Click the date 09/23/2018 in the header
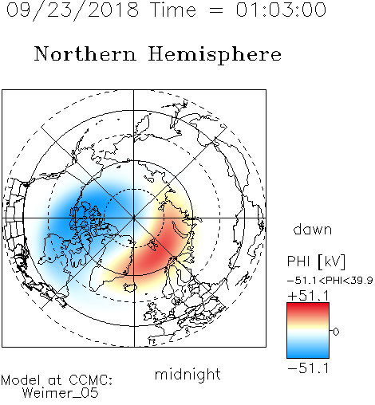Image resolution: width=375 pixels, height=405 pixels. coord(73,10)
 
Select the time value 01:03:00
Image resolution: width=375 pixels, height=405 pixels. coord(281,10)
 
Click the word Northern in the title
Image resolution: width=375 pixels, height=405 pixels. coord(85,53)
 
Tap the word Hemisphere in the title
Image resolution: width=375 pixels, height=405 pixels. coord(215,54)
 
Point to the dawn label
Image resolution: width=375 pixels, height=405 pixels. coord(313,229)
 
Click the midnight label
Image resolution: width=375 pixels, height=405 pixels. coord(187,374)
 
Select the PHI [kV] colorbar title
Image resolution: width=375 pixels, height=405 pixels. coord(316,261)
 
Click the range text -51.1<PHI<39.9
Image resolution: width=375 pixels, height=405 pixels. coord(330,281)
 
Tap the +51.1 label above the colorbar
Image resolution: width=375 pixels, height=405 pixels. coord(308,296)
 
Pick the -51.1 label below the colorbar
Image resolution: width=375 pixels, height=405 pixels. coord(308,368)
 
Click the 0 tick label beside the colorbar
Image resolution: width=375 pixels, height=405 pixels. coord(336,332)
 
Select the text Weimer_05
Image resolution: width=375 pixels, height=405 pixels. coord(61,393)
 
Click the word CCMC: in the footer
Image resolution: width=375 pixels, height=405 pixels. coord(90,380)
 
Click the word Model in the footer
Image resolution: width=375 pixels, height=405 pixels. coord(21,380)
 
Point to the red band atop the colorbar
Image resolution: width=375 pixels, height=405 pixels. coord(308,309)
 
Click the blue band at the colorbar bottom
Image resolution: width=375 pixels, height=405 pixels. coord(308,352)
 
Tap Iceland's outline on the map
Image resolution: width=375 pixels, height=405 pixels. coord(130,287)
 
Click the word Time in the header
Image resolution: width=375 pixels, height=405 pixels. coord(173,10)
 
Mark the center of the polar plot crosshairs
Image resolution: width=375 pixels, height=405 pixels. coord(134,218)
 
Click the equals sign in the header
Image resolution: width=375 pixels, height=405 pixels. coord(216,10)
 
